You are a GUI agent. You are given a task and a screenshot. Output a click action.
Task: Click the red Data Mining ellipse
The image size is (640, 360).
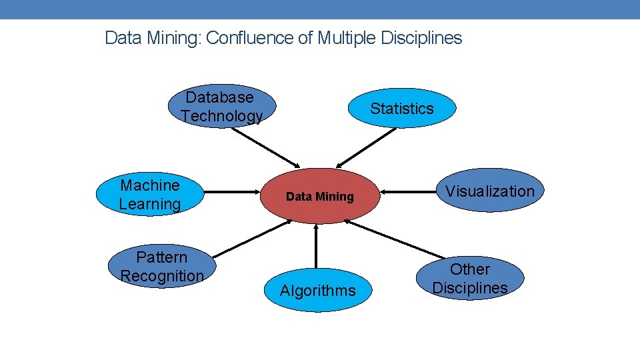(319, 196)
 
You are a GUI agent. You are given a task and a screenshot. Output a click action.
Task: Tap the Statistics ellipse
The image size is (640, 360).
(402, 108)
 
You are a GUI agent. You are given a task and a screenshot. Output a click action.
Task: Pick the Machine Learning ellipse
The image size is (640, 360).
(149, 195)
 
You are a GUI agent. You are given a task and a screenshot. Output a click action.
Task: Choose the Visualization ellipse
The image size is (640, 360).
(490, 191)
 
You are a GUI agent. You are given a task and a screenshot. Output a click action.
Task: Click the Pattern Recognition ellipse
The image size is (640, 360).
(162, 266)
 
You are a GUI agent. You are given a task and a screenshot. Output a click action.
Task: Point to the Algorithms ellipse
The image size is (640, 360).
(317, 291)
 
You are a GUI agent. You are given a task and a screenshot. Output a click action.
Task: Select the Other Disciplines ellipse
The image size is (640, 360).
(470, 279)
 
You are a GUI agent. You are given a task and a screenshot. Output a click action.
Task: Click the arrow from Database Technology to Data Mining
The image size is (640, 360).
(265, 147)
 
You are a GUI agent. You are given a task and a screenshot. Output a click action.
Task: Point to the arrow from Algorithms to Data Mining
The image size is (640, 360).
(316, 247)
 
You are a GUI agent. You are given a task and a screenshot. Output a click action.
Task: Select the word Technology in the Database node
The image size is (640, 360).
(221, 116)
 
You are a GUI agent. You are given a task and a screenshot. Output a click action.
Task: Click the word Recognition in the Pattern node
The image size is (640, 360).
(162, 276)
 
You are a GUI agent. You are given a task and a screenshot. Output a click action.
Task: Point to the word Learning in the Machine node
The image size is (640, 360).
(150, 204)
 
